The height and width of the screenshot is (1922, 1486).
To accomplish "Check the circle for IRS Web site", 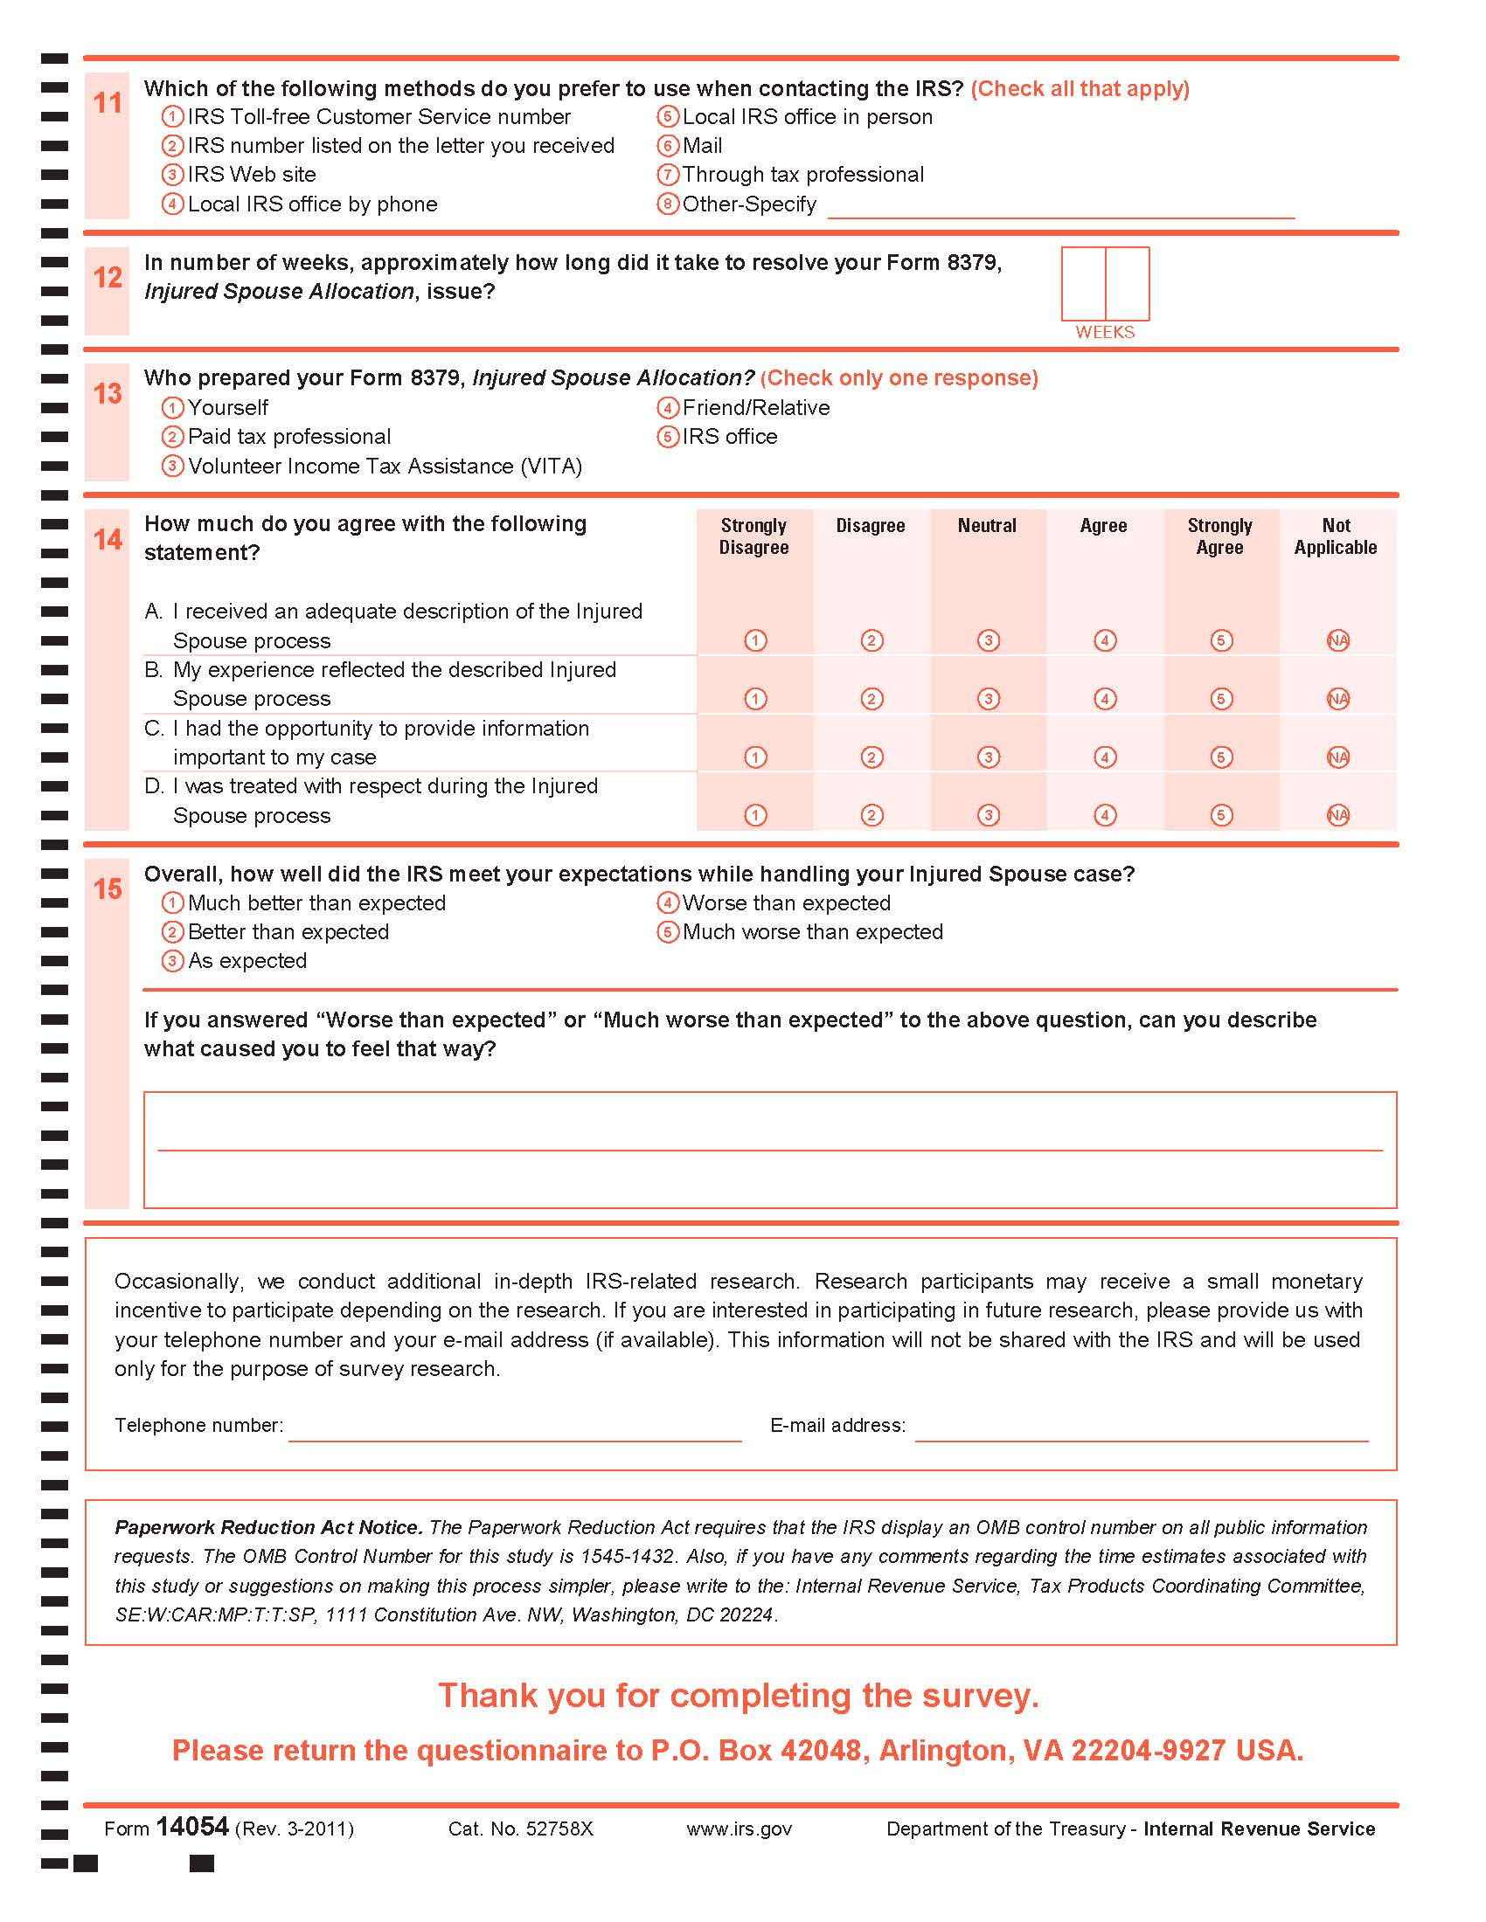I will coord(172,175).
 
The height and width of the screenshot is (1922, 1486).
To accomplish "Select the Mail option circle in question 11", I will coord(667,146).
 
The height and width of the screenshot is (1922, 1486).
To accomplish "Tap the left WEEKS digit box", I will coord(1083,283).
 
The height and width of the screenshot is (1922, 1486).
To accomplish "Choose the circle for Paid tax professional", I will coord(172,438).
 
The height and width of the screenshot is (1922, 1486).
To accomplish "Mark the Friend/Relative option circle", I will coord(667,408).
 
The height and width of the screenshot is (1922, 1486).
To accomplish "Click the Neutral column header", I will coord(987,526).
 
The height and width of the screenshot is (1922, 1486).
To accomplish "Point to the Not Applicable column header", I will coord(1336,536).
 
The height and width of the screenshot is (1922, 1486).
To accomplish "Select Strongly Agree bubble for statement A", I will coord(1220,640).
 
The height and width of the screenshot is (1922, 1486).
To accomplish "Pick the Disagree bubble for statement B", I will coord(871,699).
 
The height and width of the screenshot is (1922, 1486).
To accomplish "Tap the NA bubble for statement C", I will coord(1337,757).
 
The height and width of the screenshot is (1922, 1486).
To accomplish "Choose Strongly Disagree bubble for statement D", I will coord(755,815).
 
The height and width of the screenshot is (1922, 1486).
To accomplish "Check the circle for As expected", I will coord(172,961).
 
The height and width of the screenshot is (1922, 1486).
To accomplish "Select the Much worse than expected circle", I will coord(667,932).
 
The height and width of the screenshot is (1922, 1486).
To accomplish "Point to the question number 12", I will coord(108,278).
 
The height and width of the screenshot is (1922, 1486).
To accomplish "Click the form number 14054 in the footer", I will coord(192,1827).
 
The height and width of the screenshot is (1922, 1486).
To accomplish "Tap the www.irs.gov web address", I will coord(739,1829).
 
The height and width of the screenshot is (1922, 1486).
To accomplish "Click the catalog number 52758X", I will coord(520,1829).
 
